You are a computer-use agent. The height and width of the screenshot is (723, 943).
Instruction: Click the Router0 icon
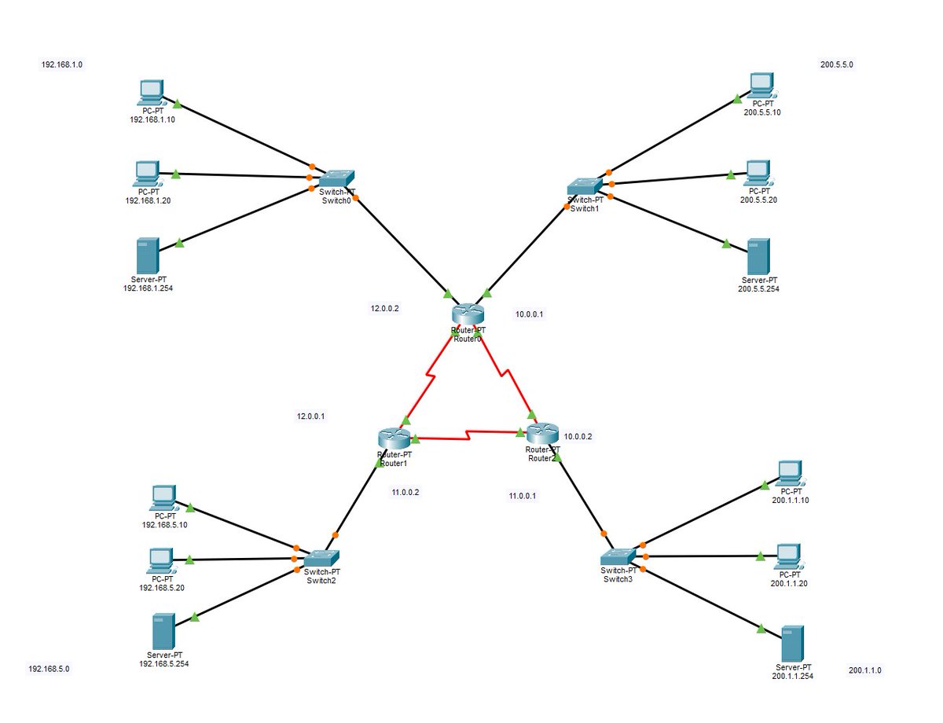pyautogui.click(x=464, y=314)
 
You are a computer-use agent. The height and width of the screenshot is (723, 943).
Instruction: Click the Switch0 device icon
pyautogui.click(x=337, y=180)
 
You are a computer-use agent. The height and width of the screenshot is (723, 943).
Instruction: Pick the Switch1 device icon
pyautogui.click(x=585, y=186)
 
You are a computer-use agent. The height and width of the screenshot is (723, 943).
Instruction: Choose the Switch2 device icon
pyautogui.click(x=321, y=558)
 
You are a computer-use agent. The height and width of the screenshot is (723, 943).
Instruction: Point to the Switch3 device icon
pyautogui.click(x=618, y=557)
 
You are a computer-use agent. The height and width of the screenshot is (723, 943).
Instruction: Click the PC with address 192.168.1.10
pyautogui.click(x=149, y=93)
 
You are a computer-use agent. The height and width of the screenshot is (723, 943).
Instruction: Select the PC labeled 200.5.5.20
pyautogui.click(x=758, y=171)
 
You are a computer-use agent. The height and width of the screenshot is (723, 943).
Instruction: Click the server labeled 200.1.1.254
pyautogui.click(x=792, y=644)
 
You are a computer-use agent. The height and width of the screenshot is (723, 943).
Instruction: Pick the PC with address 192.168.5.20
pyautogui.click(x=161, y=560)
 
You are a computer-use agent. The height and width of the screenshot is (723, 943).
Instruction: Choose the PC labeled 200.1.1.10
pyautogui.click(x=788, y=474)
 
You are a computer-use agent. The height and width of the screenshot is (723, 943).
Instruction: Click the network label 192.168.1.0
pyautogui.click(x=62, y=65)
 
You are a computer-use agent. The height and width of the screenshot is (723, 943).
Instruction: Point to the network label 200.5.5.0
pyautogui.click(x=837, y=65)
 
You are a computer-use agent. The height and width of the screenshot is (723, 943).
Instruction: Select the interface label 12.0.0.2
pyautogui.click(x=385, y=309)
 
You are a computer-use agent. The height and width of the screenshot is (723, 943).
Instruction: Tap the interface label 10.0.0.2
pyautogui.click(x=578, y=436)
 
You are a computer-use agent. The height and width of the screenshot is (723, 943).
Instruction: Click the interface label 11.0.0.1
pyautogui.click(x=523, y=496)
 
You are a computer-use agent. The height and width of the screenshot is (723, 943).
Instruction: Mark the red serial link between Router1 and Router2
pyautogui.click(x=468, y=433)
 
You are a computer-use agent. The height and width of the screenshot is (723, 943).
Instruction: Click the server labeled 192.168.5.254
pyautogui.click(x=163, y=632)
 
